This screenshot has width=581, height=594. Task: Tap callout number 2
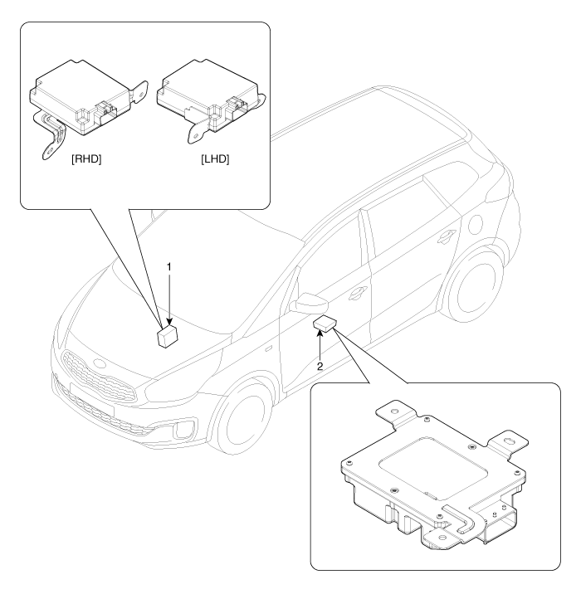318,363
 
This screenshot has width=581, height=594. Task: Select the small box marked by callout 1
169,335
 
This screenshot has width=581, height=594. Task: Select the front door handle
359,291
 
